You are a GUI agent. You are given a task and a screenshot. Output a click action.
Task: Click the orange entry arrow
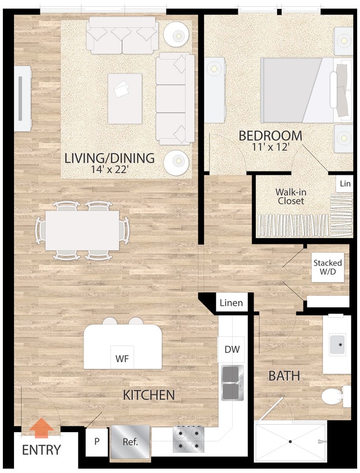41,429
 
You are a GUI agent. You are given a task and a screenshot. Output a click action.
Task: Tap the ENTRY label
41,450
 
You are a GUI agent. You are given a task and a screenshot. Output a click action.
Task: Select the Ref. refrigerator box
130,441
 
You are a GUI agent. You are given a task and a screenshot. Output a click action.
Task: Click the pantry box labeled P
96,441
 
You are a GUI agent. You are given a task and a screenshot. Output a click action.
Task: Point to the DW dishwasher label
232,349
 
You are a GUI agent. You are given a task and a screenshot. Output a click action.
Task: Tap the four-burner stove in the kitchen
189,439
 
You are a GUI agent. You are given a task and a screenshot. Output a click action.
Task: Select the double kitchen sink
232,383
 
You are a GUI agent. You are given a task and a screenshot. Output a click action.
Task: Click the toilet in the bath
333,396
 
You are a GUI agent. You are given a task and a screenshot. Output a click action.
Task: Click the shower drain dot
290,442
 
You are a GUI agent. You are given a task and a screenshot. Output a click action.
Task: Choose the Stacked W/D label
327,267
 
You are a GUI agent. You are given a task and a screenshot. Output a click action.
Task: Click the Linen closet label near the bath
231,303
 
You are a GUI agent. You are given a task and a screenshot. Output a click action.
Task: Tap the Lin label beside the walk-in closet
345,184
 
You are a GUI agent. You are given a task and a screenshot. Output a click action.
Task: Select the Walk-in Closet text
290,196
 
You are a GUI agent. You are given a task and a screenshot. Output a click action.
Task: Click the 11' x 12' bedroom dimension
270,148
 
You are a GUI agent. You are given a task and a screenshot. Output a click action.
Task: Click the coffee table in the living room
124,98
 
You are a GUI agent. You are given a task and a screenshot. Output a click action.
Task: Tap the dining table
82,230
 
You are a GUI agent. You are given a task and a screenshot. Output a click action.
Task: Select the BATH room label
284,375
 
